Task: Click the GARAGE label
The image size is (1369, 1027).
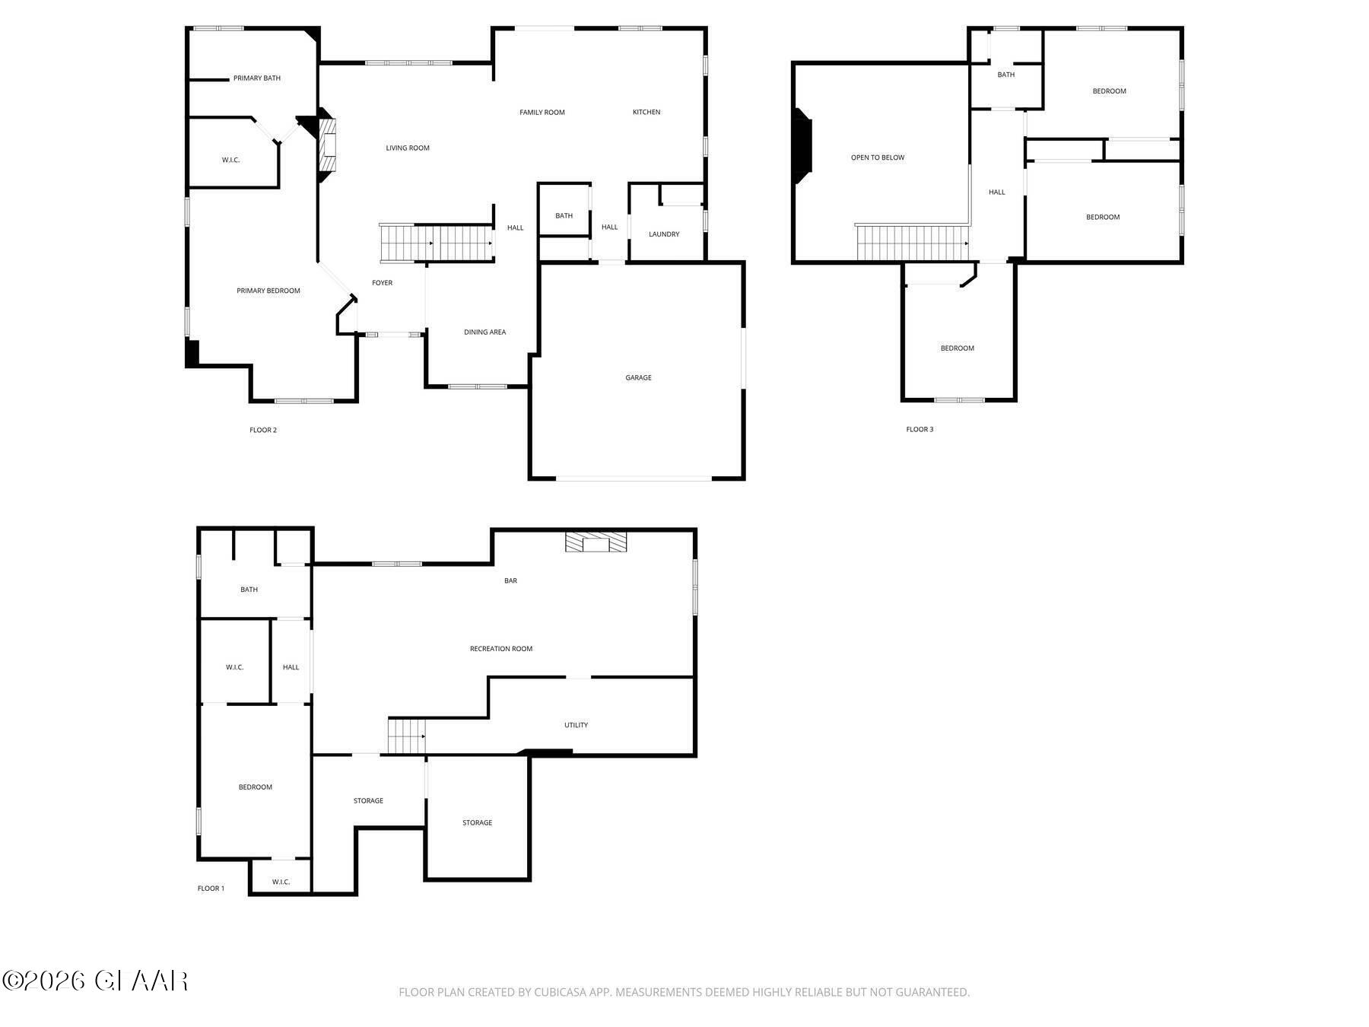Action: pyautogui.click(x=638, y=377)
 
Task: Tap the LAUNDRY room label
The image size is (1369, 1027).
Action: pyautogui.click(x=664, y=234)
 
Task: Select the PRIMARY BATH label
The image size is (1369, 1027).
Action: pyautogui.click(x=256, y=78)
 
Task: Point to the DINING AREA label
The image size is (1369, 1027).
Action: pyautogui.click(x=484, y=332)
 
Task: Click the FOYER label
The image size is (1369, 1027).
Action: pyautogui.click(x=382, y=283)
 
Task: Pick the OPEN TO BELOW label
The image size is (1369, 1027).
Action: pyautogui.click(x=877, y=157)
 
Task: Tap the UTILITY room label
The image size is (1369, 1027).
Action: pyautogui.click(x=576, y=725)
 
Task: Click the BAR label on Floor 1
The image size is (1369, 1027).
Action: pyautogui.click(x=510, y=580)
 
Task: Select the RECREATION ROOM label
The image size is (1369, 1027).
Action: pyautogui.click(x=500, y=649)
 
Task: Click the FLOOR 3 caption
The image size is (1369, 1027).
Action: pyautogui.click(x=920, y=430)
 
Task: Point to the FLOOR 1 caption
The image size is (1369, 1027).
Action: pyautogui.click(x=211, y=889)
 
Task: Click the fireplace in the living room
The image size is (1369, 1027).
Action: pyautogui.click(x=328, y=145)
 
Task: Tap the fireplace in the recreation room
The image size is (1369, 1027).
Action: pyautogui.click(x=596, y=542)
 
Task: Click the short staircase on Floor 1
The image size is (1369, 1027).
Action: pyautogui.click(x=406, y=736)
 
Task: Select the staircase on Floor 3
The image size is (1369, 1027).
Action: pyautogui.click(x=911, y=243)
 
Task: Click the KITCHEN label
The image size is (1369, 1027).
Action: pyautogui.click(x=646, y=113)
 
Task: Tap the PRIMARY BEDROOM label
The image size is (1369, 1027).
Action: pyautogui.click(x=268, y=291)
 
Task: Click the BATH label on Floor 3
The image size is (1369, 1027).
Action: pyautogui.click(x=1005, y=75)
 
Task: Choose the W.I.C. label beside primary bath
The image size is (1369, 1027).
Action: pyautogui.click(x=230, y=161)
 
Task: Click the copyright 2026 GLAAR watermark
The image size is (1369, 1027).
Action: pyautogui.click(x=95, y=981)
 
